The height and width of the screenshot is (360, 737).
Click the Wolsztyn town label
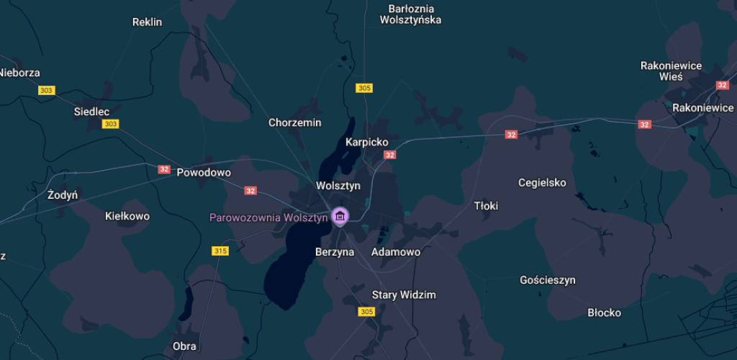point(338,186)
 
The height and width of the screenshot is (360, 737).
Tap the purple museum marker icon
point(340,216)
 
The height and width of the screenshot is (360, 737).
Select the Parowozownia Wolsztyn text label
point(268,217)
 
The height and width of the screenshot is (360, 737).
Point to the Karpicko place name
point(366,142)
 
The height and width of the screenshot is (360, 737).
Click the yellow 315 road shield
point(220,251)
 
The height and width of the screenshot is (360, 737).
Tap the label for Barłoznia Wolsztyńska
point(410,14)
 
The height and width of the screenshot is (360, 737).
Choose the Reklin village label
point(148,22)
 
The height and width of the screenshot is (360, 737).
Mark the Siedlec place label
point(91,112)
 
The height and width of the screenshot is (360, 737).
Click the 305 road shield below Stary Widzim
point(366,312)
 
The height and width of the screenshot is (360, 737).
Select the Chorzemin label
point(294,122)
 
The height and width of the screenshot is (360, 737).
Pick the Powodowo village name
point(204,173)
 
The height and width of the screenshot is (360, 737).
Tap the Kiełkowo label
point(127,216)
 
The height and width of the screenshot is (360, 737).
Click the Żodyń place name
point(63,195)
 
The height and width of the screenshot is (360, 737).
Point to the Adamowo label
point(395,252)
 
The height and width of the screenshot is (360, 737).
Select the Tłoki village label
point(486,206)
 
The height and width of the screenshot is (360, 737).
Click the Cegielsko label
point(542,182)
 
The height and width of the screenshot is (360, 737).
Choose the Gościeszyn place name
point(547,280)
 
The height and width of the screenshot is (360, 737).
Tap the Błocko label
point(604,312)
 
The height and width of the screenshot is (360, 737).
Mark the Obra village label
point(184,346)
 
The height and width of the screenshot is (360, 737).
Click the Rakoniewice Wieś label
point(671,71)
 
